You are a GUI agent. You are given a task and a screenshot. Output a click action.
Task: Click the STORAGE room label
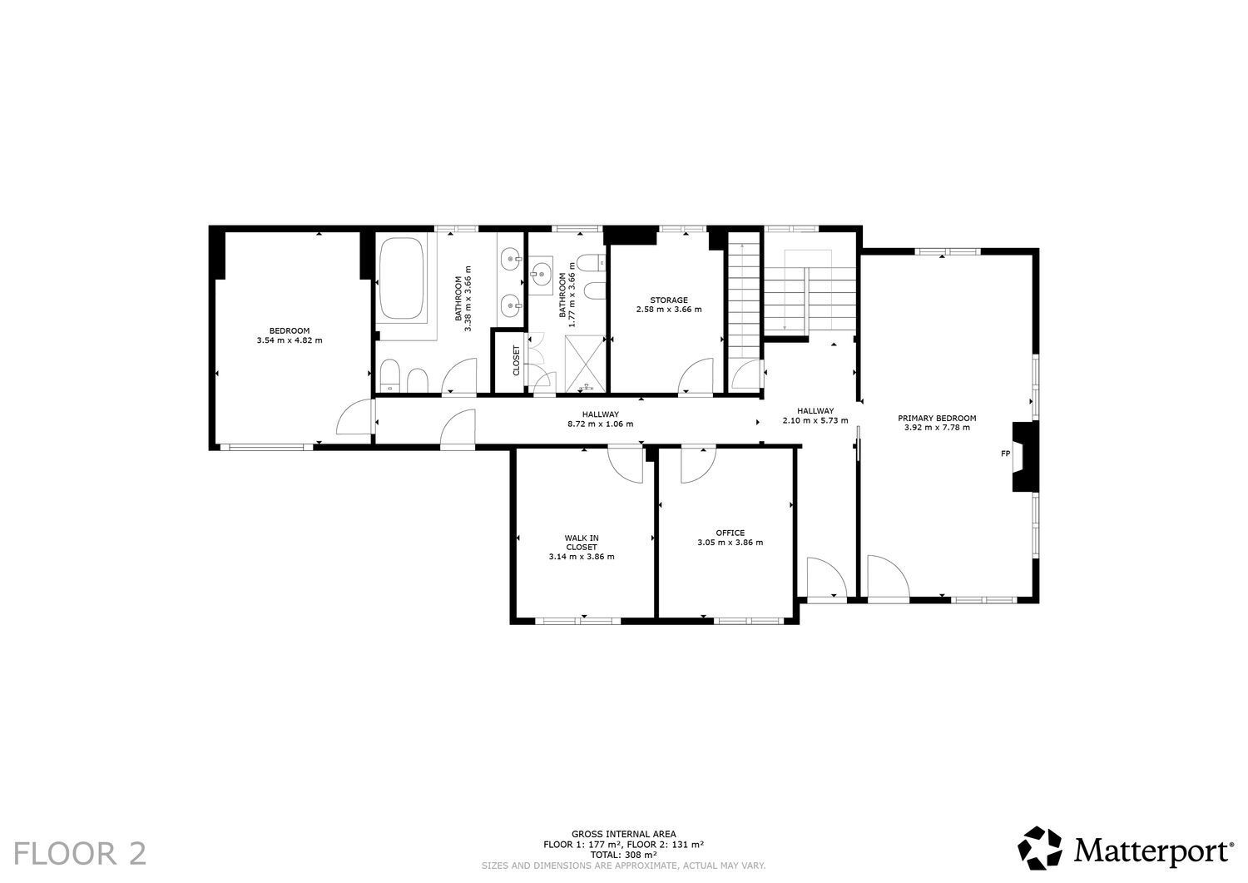pyautogui.click(x=668, y=300)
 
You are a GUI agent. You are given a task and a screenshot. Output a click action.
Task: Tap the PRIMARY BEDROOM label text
pyautogui.click(x=937, y=418)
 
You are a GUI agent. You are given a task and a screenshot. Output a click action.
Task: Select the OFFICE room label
pyautogui.click(x=730, y=533)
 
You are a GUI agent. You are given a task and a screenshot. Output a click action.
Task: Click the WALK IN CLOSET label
pyautogui.click(x=582, y=543)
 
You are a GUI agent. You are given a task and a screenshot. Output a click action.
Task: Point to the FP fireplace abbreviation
pyautogui.click(x=1005, y=454)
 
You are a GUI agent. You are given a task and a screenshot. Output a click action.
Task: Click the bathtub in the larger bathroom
pyautogui.click(x=401, y=280)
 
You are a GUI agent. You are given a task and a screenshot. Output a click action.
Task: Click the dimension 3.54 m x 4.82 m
pyautogui.click(x=290, y=340)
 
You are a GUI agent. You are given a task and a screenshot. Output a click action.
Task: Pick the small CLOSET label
pyautogui.click(x=516, y=360)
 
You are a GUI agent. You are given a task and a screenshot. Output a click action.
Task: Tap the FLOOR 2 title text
pyautogui.click(x=81, y=853)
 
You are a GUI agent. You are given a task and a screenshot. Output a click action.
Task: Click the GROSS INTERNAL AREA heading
pyautogui.click(x=623, y=833)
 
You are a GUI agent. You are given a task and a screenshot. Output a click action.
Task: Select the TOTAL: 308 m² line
pyautogui.click(x=623, y=854)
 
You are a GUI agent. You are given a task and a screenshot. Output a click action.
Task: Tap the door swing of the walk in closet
pyautogui.click(x=627, y=463)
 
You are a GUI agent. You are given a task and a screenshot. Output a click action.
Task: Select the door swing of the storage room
pyautogui.click(x=697, y=376)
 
